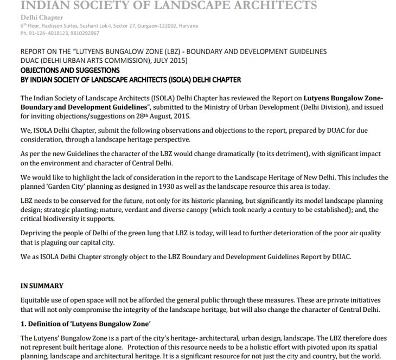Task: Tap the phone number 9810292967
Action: click(x=84, y=33)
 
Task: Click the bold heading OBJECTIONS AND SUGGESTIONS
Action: click(x=70, y=70)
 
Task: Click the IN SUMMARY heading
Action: click(x=42, y=286)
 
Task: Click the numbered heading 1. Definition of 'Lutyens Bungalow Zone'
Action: click(x=85, y=324)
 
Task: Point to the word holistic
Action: click(x=219, y=347)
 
